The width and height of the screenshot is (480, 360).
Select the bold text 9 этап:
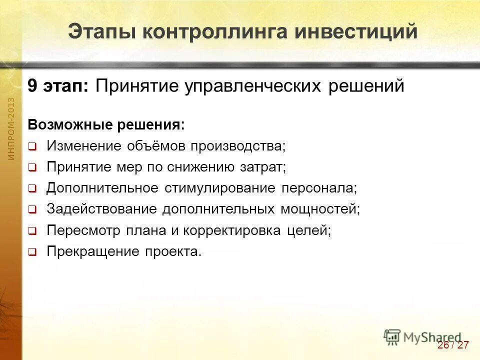point(58,86)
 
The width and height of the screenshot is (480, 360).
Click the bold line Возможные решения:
point(106,124)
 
